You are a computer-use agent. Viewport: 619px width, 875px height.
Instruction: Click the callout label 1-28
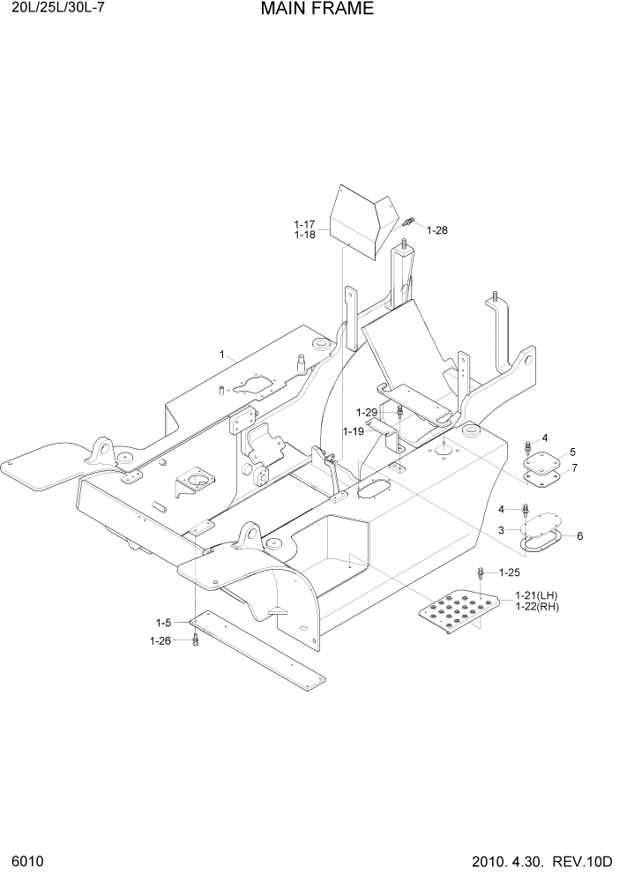(x=437, y=230)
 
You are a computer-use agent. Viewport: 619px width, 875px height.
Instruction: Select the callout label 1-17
(x=304, y=225)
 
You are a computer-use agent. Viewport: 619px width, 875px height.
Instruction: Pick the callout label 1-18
(x=304, y=236)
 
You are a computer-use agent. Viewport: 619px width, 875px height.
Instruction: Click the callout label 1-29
(x=367, y=412)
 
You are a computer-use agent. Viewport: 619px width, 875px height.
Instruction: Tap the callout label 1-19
(x=354, y=431)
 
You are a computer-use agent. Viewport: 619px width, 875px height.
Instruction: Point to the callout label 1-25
(x=510, y=572)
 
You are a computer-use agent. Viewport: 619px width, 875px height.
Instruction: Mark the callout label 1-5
(x=165, y=623)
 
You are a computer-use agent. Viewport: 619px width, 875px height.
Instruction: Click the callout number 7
(x=575, y=467)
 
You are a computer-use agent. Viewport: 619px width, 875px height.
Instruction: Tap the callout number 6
(x=579, y=535)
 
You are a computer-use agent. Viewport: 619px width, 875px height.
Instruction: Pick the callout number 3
(x=501, y=530)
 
